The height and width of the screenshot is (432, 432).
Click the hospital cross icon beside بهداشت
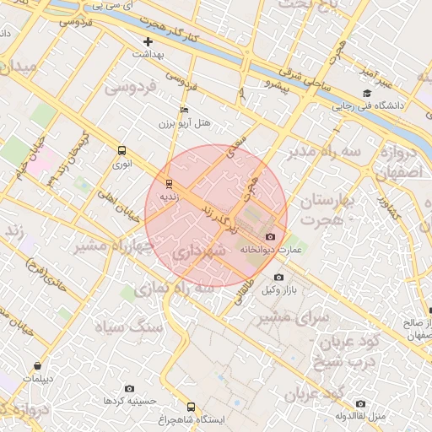pos(148,41)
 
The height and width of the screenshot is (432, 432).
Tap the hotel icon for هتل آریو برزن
pos(185,111)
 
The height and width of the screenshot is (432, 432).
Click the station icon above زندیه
pos(169,183)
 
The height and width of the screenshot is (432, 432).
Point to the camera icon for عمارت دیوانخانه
pos(270,237)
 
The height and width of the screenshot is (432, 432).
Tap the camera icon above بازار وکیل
pos(278,277)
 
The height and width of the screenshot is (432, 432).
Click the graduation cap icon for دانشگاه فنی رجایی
pos(366,94)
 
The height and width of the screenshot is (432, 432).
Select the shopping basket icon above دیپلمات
pos(38,365)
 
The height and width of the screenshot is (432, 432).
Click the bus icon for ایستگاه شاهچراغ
pos(191,406)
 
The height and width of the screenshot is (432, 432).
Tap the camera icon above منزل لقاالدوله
pos(361,403)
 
